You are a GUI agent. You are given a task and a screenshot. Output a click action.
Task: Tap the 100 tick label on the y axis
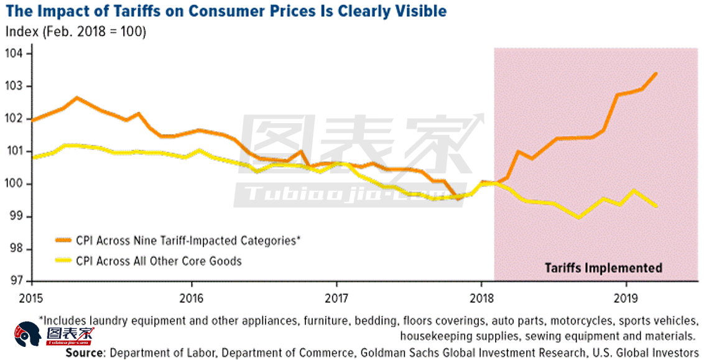click(x=14, y=184)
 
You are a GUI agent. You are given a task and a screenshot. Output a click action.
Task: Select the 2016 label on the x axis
click(x=192, y=298)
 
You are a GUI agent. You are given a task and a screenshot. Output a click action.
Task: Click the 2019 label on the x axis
click(x=626, y=298)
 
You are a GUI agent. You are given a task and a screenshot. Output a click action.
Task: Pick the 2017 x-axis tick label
click(x=336, y=298)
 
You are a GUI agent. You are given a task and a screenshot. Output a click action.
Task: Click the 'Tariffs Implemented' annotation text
click(x=603, y=268)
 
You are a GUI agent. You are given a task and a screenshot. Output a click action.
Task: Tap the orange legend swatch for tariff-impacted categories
click(x=63, y=241)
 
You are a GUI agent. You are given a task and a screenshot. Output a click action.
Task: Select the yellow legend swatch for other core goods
click(x=63, y=261)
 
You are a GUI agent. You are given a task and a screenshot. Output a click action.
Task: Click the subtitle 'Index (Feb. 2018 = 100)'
click(x=75, y=32)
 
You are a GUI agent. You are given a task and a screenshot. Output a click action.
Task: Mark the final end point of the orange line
click(x=656, y=73)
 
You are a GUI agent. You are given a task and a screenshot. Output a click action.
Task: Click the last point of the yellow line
click(x=656, y=206)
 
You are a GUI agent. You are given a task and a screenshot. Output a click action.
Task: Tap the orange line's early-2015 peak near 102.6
click(x=76, y=98)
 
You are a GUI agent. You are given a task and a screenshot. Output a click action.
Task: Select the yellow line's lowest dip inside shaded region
click(x=579, y=218)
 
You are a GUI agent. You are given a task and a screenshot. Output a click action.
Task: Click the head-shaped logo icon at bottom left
click(x=27, y=335)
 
